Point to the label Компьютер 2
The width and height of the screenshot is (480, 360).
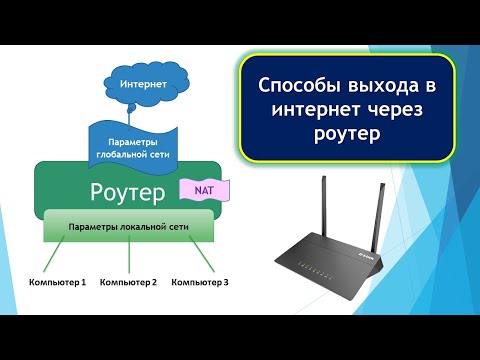(128, 283)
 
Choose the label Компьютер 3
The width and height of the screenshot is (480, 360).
(200, 283)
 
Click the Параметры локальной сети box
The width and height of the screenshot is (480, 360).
(129, 227)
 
